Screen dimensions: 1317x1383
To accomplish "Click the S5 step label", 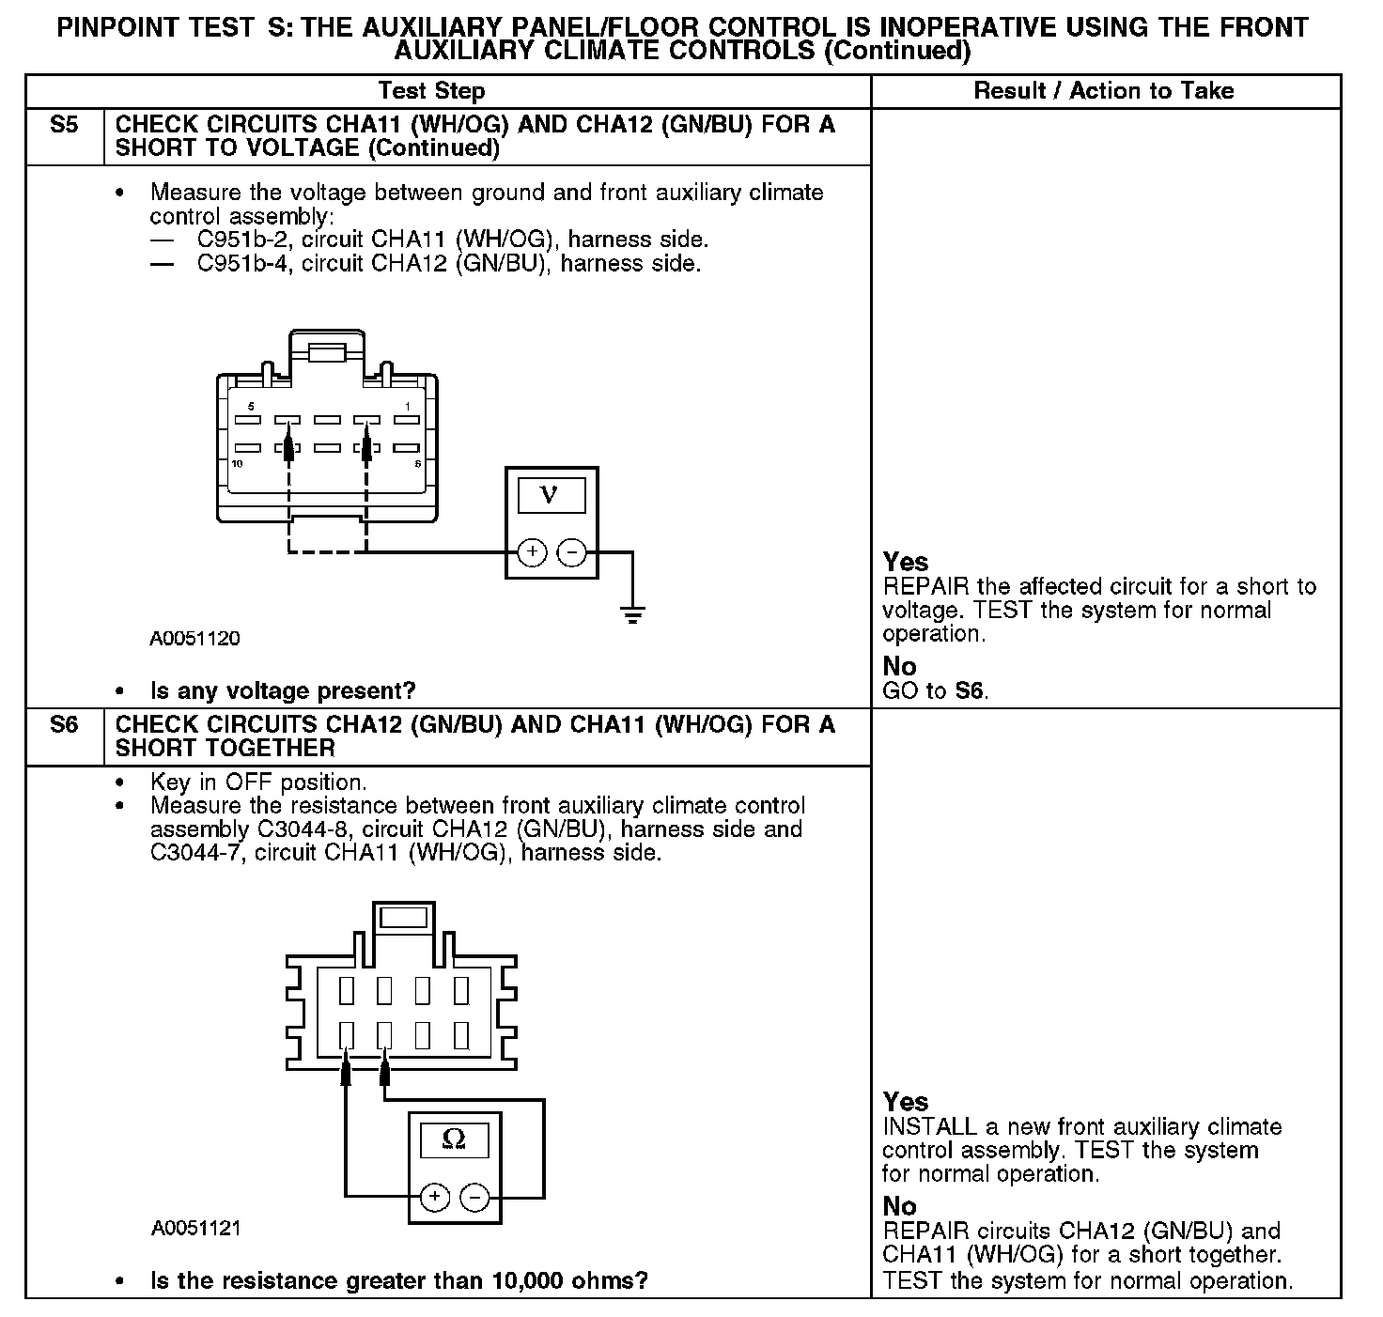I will tap(63, 125).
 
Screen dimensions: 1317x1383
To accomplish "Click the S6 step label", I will tap(63, 725).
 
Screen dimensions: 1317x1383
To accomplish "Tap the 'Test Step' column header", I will tap(431, 91).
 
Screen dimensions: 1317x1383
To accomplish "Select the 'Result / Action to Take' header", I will tap(1103, 91).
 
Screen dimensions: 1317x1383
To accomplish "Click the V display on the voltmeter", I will tap(551, 495).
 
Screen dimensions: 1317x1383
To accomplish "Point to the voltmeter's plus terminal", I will tap(532, 552).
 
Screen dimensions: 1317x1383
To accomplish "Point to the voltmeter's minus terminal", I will tap(571, 552).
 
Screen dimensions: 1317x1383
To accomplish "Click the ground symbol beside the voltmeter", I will tap(632, 615).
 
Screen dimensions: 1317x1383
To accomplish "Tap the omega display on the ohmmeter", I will tap(454, 1139).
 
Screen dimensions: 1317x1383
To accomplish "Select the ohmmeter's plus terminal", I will tap(434, 1197).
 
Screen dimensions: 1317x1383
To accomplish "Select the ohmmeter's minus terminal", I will tap(474, 1197).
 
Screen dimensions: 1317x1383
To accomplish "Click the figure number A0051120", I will tap(194, 639).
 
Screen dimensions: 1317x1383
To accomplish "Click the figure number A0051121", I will tap(194, 1229).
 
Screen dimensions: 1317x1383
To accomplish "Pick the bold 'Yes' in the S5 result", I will tap(905, 562).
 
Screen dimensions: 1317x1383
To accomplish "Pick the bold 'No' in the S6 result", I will tap(899, 1206).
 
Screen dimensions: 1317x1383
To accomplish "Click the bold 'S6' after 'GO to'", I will tap(970, 691).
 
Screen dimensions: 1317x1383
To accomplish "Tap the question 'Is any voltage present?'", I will tap(282, 691).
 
